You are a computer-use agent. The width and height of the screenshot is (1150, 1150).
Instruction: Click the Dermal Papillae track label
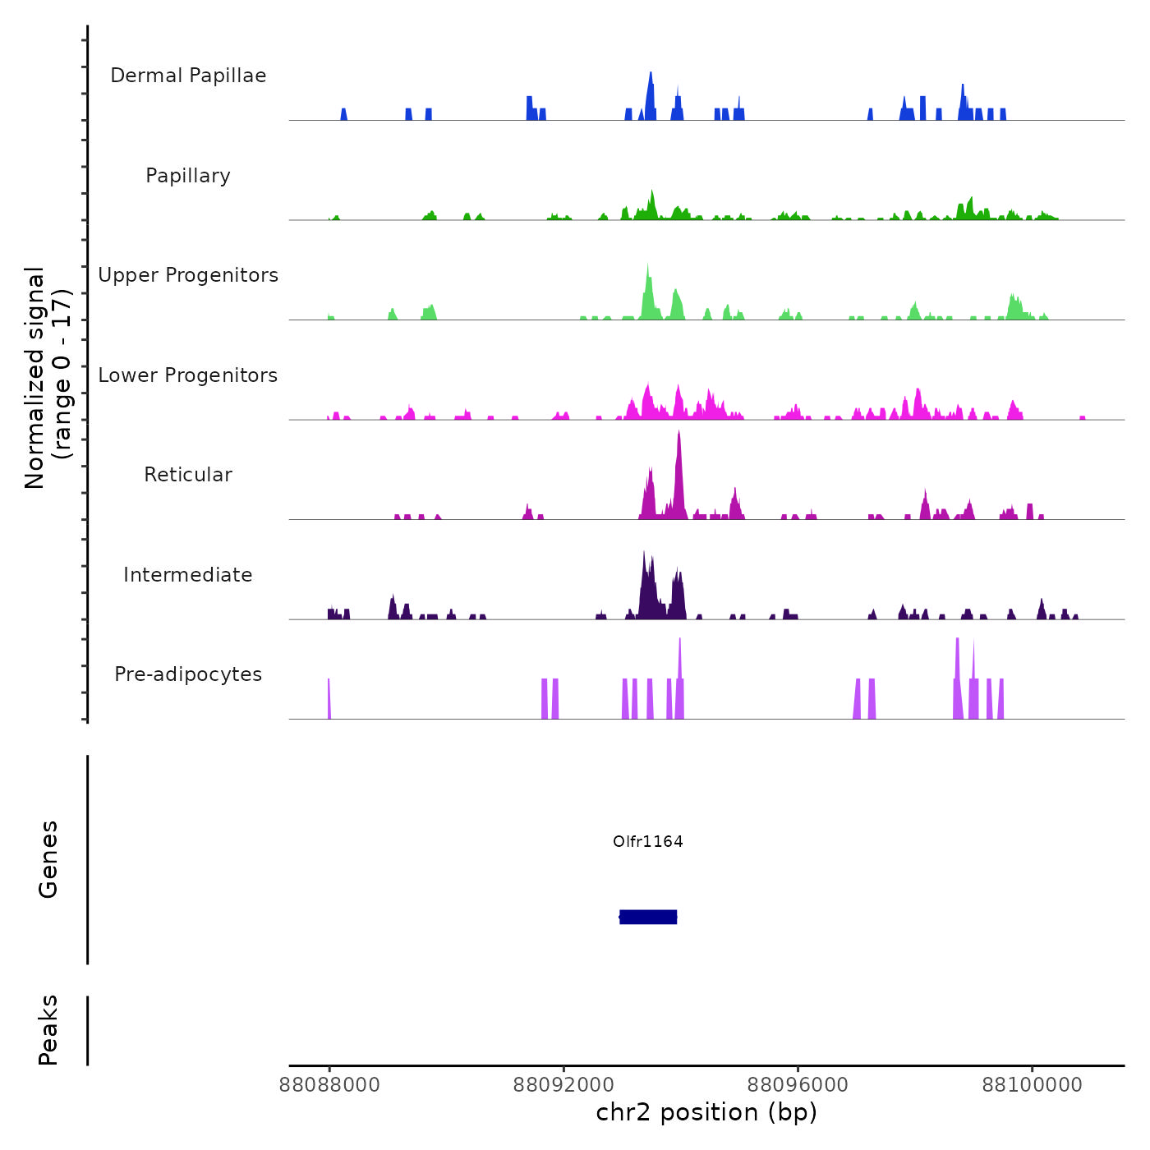tap(188, 76)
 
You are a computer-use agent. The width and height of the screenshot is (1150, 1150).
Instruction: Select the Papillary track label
tap(188, 176)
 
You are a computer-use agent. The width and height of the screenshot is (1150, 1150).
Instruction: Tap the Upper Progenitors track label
tap(188, 275)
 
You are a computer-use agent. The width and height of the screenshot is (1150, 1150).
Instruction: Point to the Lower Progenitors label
tap(188, 375)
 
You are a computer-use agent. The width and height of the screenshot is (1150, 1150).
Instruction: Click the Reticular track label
tap(188, 475)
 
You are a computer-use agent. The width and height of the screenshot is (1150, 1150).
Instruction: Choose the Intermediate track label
tap(188, 575)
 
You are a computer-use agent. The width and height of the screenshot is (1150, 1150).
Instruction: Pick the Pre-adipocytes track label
tap(188, 674)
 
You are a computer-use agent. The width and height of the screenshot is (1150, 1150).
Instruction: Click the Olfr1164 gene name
tap(648, 841)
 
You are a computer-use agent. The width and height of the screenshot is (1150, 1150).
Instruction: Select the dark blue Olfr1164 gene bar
tap(648, 917)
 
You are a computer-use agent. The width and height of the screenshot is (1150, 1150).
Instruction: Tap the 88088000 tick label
tap(329, 1085)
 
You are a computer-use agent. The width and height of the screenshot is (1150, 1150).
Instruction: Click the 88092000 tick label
tap(563, 1085)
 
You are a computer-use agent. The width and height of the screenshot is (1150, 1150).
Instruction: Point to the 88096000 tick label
tap(798, 1085)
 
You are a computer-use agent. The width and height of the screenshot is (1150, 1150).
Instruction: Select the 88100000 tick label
tap(1032, 1085)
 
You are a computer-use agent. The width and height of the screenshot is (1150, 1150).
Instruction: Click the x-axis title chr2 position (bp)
tap(706, 1112)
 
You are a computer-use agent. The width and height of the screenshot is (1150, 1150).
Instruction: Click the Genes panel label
tap(48, 859)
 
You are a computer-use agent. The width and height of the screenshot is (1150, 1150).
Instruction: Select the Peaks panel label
tap(48, 1030)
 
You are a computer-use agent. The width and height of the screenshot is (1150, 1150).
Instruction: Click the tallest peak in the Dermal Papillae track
tap(651, 76)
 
